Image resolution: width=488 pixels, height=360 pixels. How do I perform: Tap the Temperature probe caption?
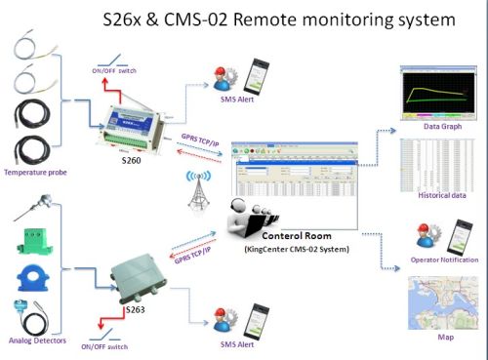point(33,173)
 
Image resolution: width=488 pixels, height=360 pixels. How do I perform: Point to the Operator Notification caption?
point(441,260)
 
